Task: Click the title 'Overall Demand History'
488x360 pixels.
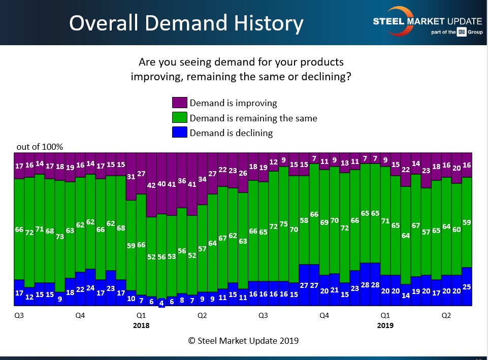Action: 186,23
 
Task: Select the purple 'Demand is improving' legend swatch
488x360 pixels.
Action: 180,103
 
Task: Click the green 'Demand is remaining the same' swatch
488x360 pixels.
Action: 180,118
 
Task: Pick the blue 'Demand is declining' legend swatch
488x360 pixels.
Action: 180,133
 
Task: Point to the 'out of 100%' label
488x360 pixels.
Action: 40,147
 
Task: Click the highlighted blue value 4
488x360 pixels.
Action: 161,303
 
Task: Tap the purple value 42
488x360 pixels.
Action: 151,185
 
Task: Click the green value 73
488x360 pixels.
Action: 60,237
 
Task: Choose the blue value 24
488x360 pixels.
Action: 90,288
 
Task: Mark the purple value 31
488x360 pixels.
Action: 131,176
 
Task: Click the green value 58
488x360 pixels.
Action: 304,220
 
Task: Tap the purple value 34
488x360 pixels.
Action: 202,179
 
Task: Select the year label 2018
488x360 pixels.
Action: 141,325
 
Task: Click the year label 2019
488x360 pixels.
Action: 385,325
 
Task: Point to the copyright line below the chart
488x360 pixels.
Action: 243,341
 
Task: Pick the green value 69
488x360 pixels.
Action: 324,222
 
